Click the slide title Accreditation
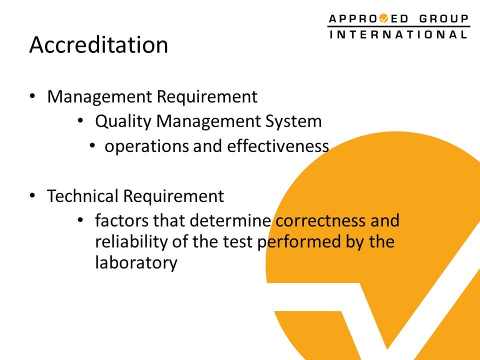click(x=98, y=45)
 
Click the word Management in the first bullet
click(x=99, y=97)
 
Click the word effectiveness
click(x=278, y=146)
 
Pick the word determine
click(x=230, y=220)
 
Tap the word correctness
click(x=320, y=221)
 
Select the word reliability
click(x=131, y=242)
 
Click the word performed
click(x=299, y=242)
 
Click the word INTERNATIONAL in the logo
click(x=398, y=34)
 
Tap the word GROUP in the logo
click(x=444, y=19)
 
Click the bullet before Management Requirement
click(x=32, y=96)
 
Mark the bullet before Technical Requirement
click(x=32, y=195)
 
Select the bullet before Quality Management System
click(x=80, y=120)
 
